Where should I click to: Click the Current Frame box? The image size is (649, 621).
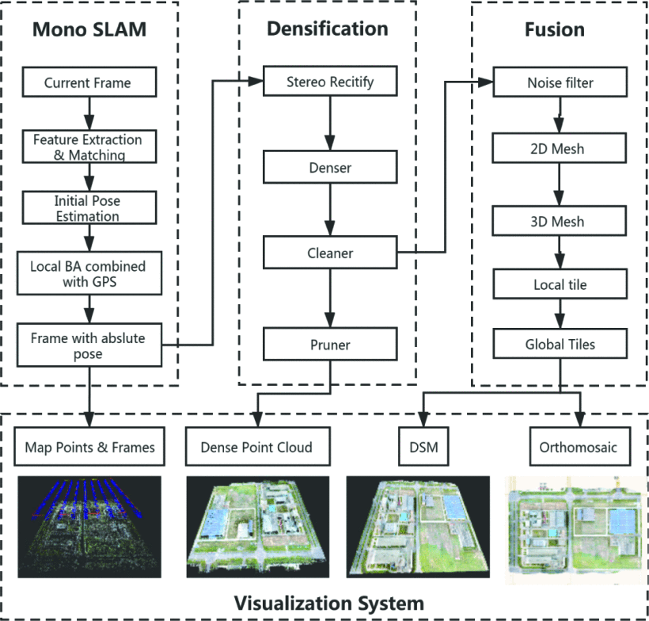(x=87, y=82)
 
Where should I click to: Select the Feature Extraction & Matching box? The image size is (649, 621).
(x=87, y=147)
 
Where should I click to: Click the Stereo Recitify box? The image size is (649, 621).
(x=328, y=81)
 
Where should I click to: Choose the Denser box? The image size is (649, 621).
(x=328, y=169)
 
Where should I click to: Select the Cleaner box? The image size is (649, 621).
(x=328, y=253)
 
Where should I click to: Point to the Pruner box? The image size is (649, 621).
(x=328, y=345)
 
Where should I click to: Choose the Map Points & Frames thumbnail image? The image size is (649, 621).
(x=87, y=527)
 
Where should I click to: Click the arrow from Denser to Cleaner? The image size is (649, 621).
(x=328, y=211)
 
